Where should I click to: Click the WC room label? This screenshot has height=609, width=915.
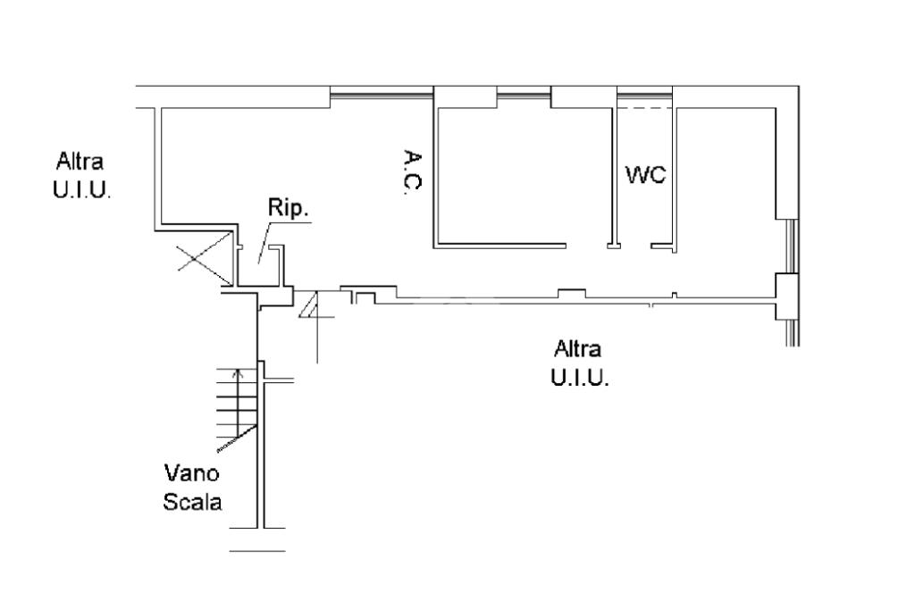[x=646, y=175]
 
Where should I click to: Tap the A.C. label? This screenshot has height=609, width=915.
[x=412, y=174]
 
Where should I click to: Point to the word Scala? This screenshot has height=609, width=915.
[x=192, y=502]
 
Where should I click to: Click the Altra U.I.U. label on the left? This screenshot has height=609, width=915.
[x=81, y=177]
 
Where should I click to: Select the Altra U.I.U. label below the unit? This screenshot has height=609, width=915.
[x=579, y=363]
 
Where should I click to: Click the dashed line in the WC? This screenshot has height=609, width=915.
[x=645, y=108]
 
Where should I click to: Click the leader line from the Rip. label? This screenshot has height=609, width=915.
[x=264, y=242]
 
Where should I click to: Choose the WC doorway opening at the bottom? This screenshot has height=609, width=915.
[x=634, y=245]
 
